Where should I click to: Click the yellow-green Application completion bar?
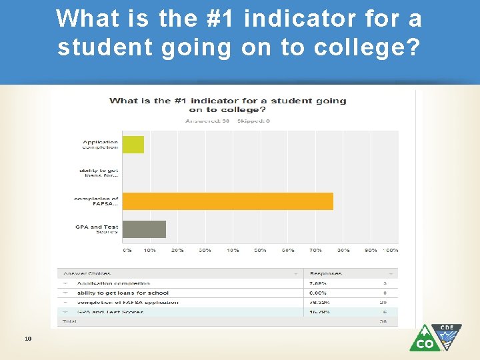(x=133, y=144)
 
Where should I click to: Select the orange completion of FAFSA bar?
(x=227, y=201)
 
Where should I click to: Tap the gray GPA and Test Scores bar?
(x=144, y=229)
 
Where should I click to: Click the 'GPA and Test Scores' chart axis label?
(x=97, y=229)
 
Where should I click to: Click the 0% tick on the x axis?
(x=127, y=250)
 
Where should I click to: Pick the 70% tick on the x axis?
(x=315, y=250)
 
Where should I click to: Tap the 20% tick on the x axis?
(x=178, y=250)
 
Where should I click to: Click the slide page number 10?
(x=27, y=338)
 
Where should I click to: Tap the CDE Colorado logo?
(x=435, y=337)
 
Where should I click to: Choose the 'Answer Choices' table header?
(x=87, y=273)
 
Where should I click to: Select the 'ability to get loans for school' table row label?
(x=123, y=293)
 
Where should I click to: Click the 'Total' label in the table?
(x=70, y=321)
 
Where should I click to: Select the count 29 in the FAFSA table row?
(x=384, y=302)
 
